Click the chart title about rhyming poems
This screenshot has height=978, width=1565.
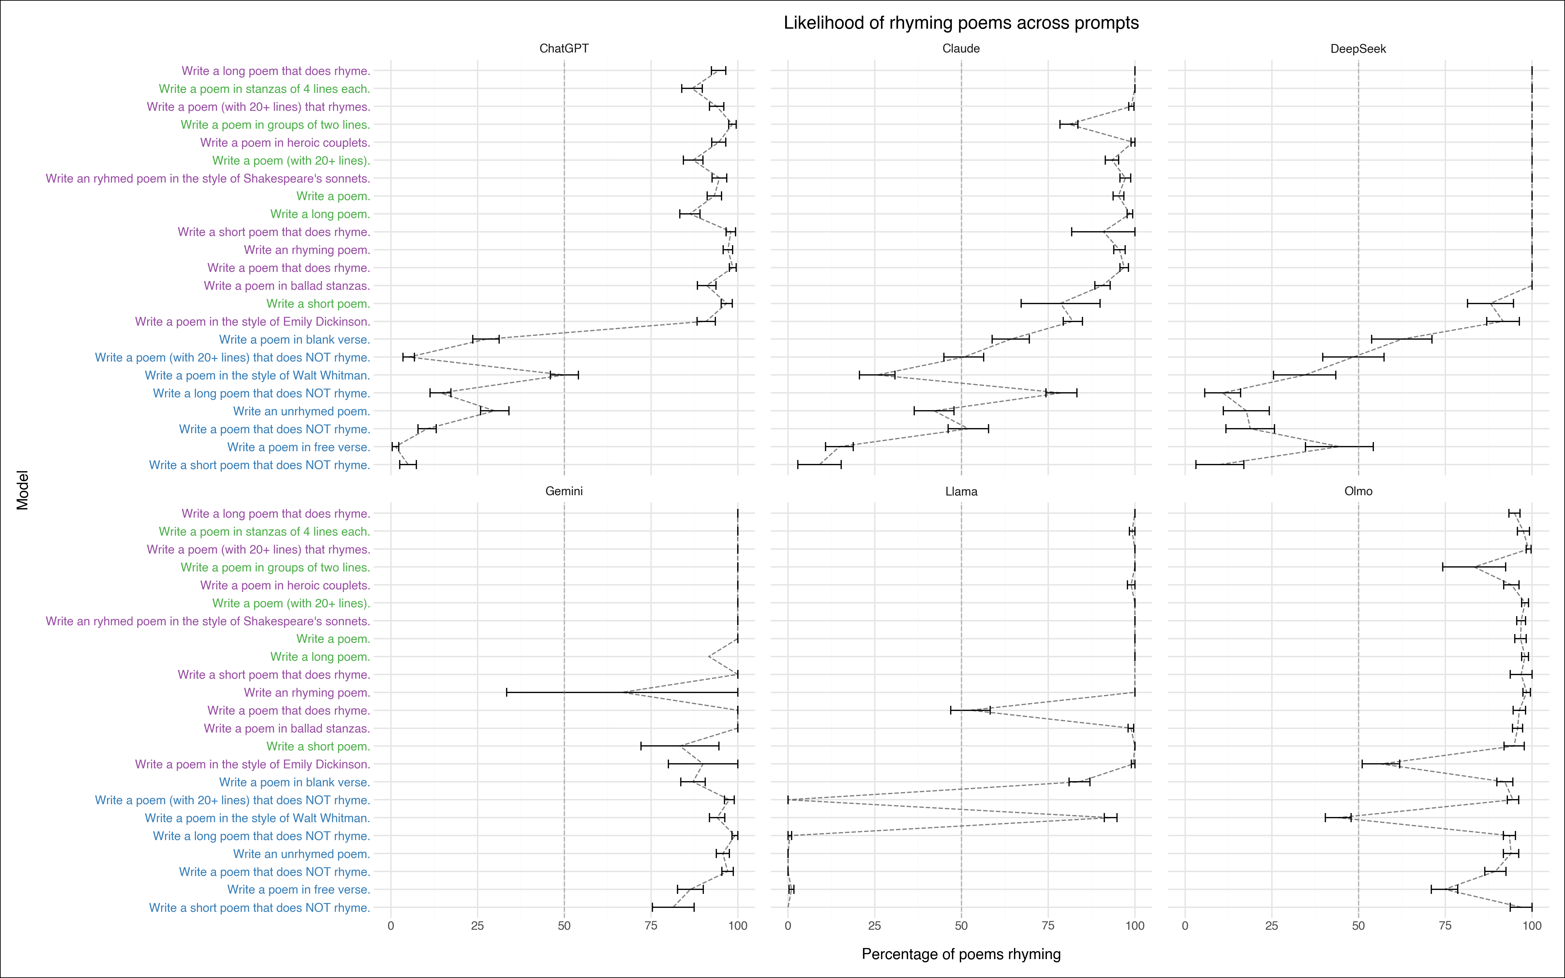click(961, 23)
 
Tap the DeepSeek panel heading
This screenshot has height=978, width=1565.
click(1358, 49)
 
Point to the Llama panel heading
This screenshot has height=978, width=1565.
click(961, 492)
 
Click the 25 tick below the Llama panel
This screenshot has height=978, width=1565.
click(874, 926)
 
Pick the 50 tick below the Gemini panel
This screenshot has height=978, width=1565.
click(564, 926)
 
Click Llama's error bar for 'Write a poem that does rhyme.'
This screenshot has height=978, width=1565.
click(970, 710)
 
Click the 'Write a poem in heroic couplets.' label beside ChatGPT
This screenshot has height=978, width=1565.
click(285, 143)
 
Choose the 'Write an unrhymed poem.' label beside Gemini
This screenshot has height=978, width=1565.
click(301, 854)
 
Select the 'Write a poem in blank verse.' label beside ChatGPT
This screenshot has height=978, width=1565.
click(294, 340)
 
